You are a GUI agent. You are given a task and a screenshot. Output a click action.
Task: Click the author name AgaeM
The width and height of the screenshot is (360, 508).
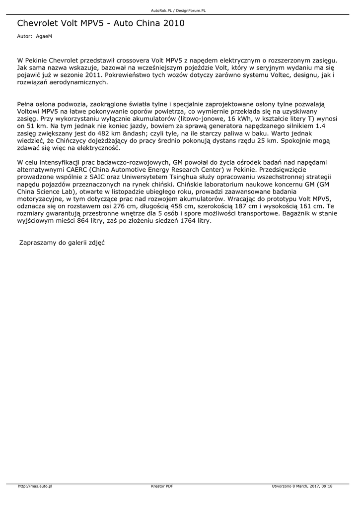(44, 36)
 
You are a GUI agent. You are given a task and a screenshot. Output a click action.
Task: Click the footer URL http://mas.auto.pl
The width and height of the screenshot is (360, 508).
(35, 486)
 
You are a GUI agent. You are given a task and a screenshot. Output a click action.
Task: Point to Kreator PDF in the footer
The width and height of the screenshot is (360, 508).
(162, 486)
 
